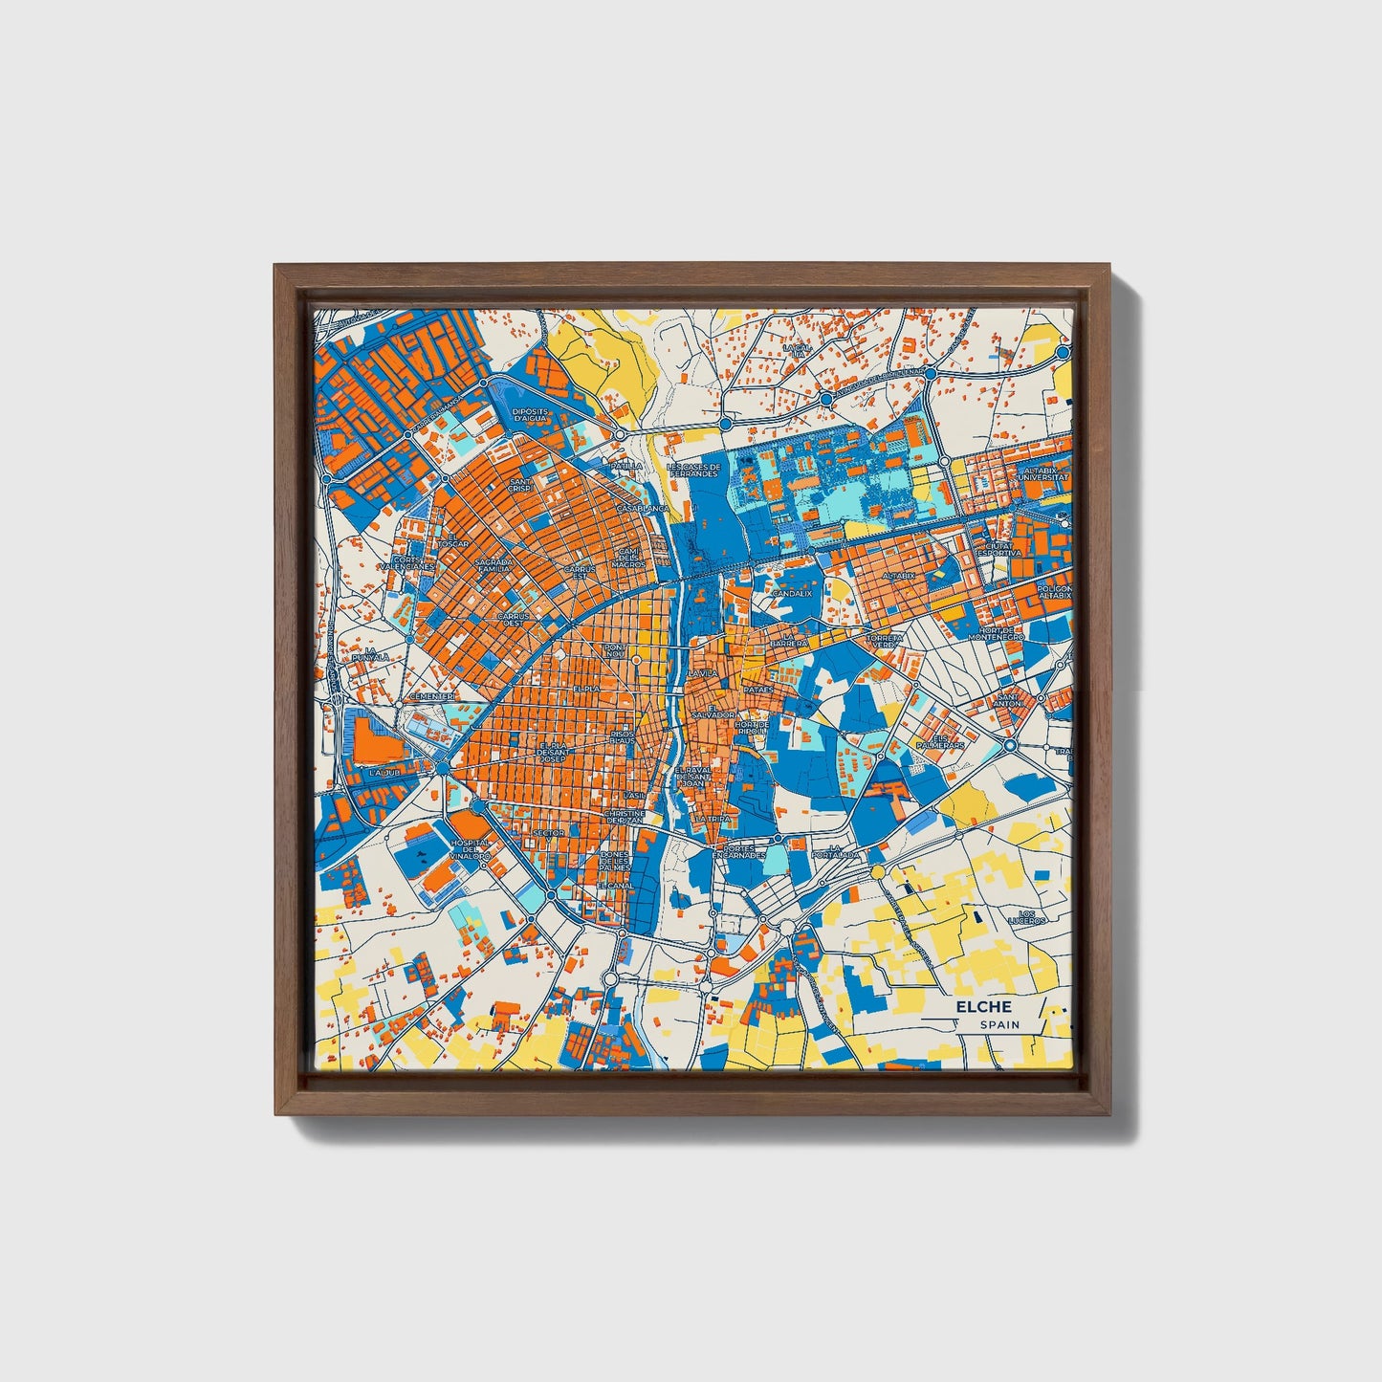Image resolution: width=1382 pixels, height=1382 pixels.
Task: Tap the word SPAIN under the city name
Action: click(x=998, y=1025)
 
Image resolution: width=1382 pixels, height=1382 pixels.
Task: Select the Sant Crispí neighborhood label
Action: click(x=521, y=486)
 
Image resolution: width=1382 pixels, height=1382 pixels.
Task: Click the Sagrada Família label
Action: click(x=494, y=565)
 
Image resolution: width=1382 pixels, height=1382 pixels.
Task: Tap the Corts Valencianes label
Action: click(x=406, y=563)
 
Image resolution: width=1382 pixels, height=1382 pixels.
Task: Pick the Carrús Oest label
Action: click(x=513, y=620)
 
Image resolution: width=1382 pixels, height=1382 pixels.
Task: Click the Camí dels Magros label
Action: click(x=627, y=558)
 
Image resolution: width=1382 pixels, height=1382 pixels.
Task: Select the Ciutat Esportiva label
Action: click(x=998, y=549)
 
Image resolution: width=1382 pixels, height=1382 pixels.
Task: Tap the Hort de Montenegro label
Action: click(x=995, y=633)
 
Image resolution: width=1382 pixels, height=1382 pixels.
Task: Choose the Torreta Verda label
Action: click(x=883, y=640)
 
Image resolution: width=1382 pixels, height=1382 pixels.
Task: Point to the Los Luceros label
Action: click(x=1027, y=917)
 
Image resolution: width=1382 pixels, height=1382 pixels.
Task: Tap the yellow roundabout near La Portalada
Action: click(x=877, y=871)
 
